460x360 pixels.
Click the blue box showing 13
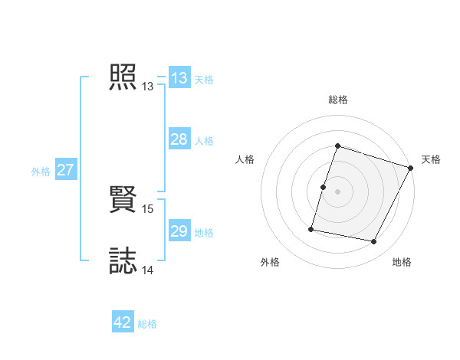tap(179, 78)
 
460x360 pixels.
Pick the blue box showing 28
tap(179, 139)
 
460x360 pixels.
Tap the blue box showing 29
tap(179, 231)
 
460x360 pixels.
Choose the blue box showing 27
tap(65, 170)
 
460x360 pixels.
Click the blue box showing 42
tap(123, 322)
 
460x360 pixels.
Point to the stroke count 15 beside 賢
tap(149, 208)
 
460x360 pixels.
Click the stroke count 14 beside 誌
tap(149, 270)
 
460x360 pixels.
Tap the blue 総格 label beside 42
tap(147, 324)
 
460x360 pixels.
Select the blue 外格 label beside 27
tap(41, 172)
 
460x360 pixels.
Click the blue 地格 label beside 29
tap(204, 233)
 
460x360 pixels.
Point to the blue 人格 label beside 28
tap(204, 141)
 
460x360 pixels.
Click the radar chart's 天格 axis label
tap(431, 159)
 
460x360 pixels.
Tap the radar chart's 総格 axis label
tap(338, 100)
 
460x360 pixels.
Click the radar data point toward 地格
tap(374, 242)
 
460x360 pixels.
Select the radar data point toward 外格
tap(311, 228)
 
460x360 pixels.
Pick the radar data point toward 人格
tap(324, 187)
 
